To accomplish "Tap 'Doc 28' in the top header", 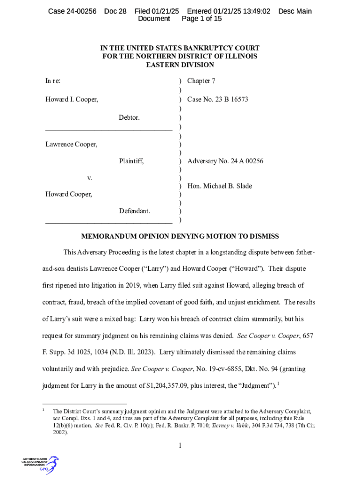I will pos(115,11).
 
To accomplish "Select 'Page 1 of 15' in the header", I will pos(202,19).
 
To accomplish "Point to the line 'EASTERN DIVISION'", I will pos(180,65).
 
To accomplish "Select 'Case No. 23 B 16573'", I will pos(217,99).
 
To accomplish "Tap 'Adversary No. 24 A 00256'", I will pos(225,161).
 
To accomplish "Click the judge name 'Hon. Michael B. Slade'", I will pos(219,186).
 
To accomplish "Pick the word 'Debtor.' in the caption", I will pos(129,117).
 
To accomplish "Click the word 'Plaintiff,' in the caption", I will pos(131,161).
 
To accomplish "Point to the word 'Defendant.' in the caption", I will pos(135,211).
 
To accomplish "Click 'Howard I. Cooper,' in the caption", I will pos(72,99).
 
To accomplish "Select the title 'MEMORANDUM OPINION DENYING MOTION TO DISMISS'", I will pos(180,236).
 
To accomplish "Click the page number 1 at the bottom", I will pos(180,445).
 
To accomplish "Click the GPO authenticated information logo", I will pos(40,464).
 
